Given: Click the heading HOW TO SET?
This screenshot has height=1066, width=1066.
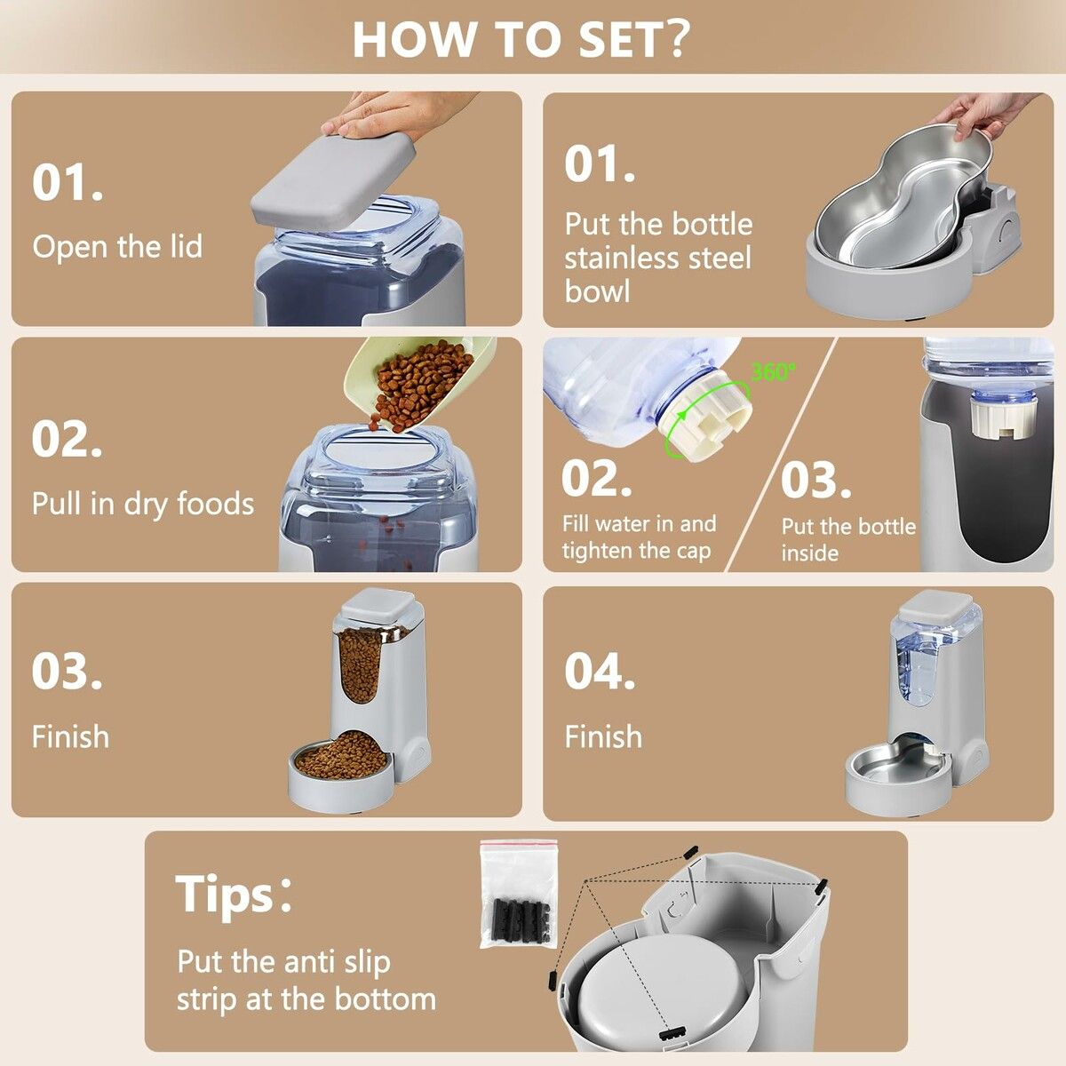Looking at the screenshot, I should click(x=521, y=37).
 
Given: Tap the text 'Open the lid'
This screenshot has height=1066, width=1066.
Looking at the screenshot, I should click(x=117, y=246).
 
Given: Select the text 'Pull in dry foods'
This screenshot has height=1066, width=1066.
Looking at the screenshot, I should click(x=142, y=504).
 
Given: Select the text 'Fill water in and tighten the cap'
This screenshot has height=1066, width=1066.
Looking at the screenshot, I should click(x=638, y=537).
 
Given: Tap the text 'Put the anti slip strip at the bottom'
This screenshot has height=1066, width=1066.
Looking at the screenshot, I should click(x=306, y=980).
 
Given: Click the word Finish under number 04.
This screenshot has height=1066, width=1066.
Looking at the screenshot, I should click(x=603, y=736).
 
